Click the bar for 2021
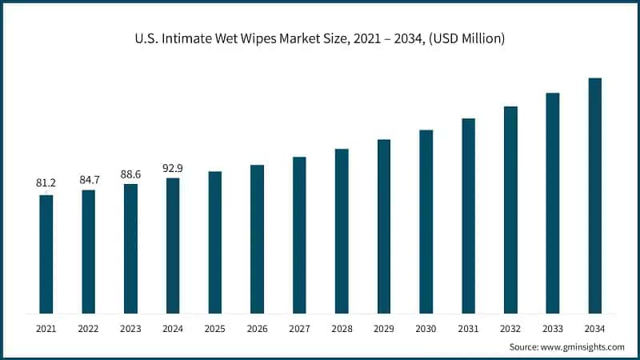(x=46, y=254)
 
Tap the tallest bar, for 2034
(x=594, y=195)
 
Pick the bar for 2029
(x=384, y=226)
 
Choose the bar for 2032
(x=510, y=210)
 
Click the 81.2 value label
(x=46, y=183)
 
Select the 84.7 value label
(x=89, y=178)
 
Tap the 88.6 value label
(x=130, y=172)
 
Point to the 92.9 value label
(x=173, y=166)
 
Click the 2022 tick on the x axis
(x=89, y=329)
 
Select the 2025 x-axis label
(x=215, y=329)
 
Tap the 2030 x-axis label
(x=426, y=329)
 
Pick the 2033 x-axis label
(x=553, y=329)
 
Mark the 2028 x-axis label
(x=342, y=329)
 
